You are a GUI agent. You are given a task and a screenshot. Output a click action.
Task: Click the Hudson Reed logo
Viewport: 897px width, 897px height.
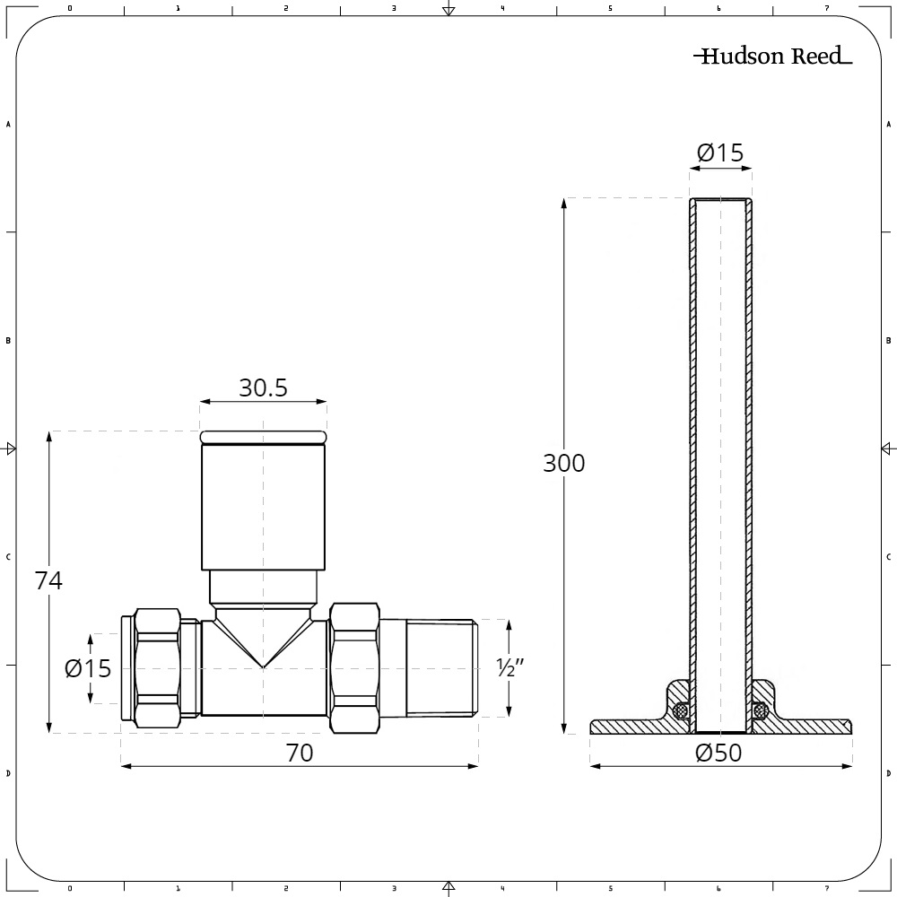pyautogui.click(x=772, y=57)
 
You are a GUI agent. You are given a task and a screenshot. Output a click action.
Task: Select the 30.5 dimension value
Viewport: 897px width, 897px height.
pyautogui.click(x=263, y=388)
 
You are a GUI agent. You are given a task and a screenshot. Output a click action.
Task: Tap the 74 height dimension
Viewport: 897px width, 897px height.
pyautogui.click(x=48, y=580)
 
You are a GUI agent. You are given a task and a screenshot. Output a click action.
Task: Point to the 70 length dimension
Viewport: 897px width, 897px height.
pyautogui.click(x=300, y=753)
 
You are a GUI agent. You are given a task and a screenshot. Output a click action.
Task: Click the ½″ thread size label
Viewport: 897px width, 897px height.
pyautogui.click(x=509, y=667)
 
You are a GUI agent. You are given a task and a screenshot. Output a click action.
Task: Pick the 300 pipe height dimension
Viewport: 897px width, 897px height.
pyautogui.click(x=563, y=463)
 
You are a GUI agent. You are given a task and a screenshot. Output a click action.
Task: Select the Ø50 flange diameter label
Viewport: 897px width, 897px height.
pyautogui.click(x=719, y=753)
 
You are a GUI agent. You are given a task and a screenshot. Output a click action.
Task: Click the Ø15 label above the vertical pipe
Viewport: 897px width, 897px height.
pyautogui.click(x=720, y=153)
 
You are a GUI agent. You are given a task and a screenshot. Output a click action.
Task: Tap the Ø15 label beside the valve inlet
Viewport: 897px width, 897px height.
pyautogui.click(x=88, y=668)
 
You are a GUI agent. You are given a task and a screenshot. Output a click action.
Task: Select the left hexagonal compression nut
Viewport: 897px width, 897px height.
pyautogui.click(x=158, y=668)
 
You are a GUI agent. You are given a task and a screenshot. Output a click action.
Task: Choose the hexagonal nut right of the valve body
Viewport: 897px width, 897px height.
pyautogui.click(x=354, y=667)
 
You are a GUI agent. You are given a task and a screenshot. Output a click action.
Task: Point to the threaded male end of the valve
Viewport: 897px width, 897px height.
pyautogui.click(x=440, y=667)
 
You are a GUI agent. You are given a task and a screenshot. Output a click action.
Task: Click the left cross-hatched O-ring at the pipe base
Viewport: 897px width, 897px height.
pyautogui.click(x=681, y=711)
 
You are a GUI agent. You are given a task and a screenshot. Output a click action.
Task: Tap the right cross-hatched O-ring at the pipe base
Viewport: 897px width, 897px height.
pyautogui.click(x=760, y=711)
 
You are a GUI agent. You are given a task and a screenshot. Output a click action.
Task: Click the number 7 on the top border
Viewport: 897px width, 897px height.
pyautogui.click(x=826, y=8)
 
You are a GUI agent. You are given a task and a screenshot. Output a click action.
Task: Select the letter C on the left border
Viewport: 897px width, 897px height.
pyautogui.click(x=8, y=557)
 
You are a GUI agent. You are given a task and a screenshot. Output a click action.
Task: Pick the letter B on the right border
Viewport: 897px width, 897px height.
pyautogui.click(x=888, y=341)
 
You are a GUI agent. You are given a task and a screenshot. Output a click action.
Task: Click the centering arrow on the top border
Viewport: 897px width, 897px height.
pyautogui.click(x=448, y=10)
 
